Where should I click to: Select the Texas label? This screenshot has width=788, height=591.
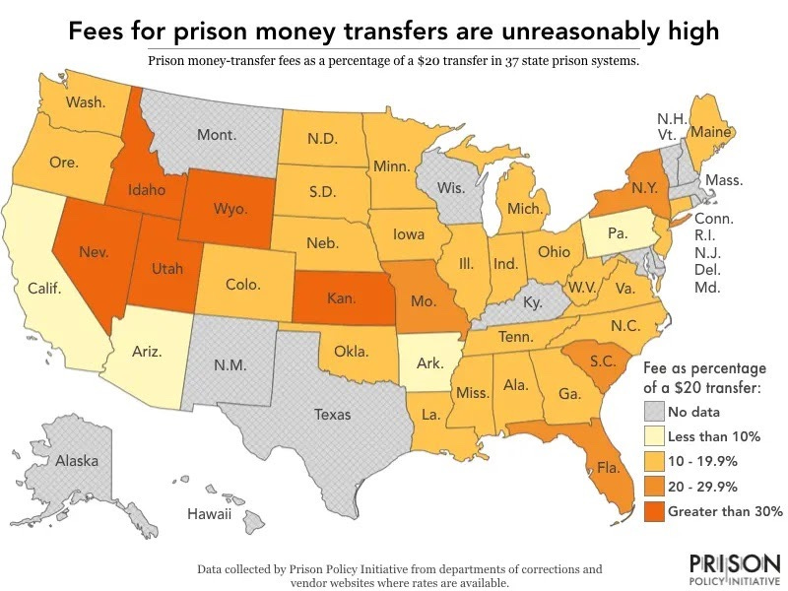pyautogui.click(x=332, y=414)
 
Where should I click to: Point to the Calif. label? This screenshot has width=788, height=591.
pyautogui.click(x=44, y=289)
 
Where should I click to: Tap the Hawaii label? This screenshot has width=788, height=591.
pyautogui.click(x=209, y=514)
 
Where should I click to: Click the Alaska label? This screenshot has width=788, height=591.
pyautogui.click(x=76, y=460)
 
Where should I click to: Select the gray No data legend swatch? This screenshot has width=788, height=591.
pyautogui.click(x=652, y=412)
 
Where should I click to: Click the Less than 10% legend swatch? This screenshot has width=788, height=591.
pyautogui.click(x=652, y=436)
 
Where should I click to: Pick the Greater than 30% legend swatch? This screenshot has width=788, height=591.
pyautogui.click(x=652, y=510)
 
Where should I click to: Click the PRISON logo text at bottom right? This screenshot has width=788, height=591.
pyautogui.click(x=731, y=565)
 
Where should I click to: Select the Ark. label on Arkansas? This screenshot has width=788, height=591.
pyautogui.click(x=429, y=363)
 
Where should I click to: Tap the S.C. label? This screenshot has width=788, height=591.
pyautogui.click(x=603, y=361)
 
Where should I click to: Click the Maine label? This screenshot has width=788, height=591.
pyautogui.click(x=711, y=131)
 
